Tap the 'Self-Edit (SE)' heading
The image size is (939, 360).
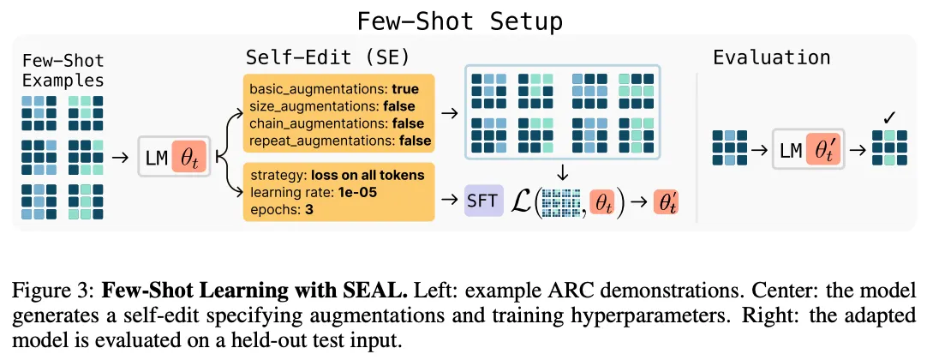click(x=327, y=59)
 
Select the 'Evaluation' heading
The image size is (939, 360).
click(x=771, y=58)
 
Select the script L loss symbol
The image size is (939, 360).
click(x=521, y=201)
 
